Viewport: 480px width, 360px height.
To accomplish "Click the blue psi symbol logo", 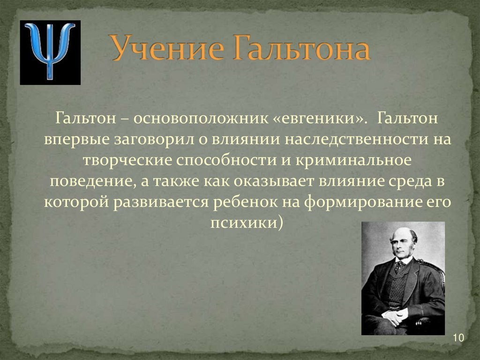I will click(50, 52).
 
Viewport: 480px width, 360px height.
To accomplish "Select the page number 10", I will click(458, 338).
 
